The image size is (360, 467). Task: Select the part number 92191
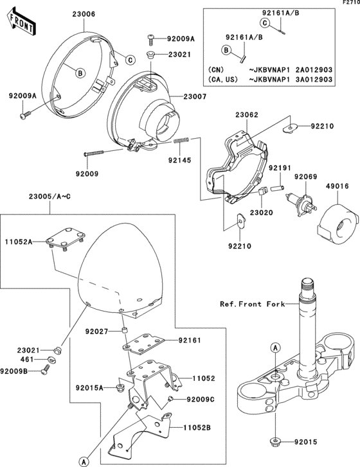pos(281,168)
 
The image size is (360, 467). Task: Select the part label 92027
pos(98,331)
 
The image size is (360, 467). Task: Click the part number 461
pos(26,360)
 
